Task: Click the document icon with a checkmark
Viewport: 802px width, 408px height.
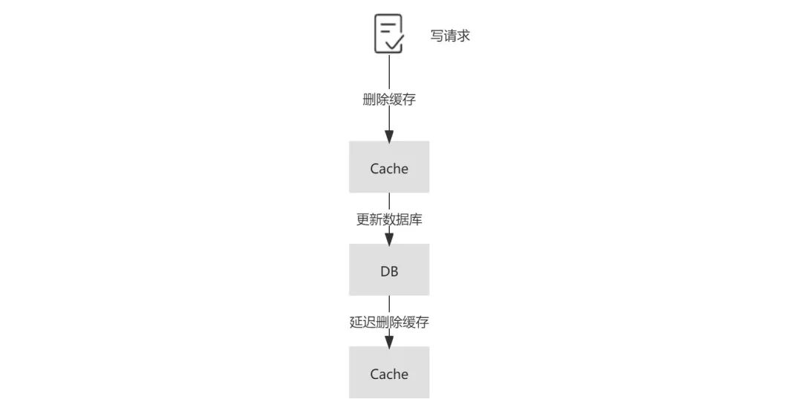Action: tap(388, 34)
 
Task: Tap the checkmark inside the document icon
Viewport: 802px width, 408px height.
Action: tap(394, 42)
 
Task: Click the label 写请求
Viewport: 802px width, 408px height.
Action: tap(450, 36)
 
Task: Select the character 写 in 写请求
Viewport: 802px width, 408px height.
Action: tap(437, 36)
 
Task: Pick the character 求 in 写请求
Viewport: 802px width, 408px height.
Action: tap(463, 36)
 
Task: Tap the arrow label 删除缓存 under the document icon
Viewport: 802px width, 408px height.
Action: tap(389, 100)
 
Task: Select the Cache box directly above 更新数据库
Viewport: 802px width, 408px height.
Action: tap(389, 167)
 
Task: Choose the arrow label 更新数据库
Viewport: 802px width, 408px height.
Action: tap(389, 220)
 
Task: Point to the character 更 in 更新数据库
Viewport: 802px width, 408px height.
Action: tap(362, 220)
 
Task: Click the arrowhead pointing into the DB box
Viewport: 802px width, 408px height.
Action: tap(389, 238)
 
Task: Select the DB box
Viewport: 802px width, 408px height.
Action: tap(389, 271)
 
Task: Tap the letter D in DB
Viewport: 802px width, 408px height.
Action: tap(385, 271)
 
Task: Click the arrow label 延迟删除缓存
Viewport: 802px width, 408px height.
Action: tap(389, 323)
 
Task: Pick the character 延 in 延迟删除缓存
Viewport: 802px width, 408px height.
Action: tap(356, 323)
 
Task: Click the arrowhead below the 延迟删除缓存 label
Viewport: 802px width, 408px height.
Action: tap(389, 340)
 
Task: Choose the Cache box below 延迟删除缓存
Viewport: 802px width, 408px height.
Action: tap(389, 373)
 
